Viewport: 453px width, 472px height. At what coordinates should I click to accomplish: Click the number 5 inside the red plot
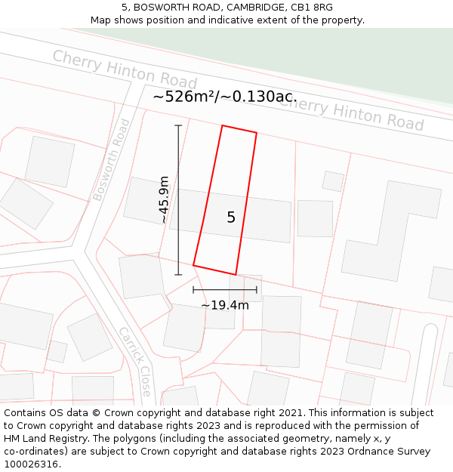click(231, 217)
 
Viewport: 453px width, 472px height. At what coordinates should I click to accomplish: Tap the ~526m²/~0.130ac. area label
click(224, 97)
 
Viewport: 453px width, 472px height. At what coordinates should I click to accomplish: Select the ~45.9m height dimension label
click(164, 199)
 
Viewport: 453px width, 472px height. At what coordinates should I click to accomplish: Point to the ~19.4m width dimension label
click(224, 305)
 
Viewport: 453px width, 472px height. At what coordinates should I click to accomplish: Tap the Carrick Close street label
click(135, 361)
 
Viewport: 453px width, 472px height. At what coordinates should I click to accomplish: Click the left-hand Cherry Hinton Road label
click(125, 69)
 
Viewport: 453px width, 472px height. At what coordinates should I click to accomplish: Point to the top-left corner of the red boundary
click(222, 125)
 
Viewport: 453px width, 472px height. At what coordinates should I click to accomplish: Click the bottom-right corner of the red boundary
click(236, 274)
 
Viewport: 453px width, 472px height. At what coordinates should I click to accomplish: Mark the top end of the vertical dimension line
click(178, 125)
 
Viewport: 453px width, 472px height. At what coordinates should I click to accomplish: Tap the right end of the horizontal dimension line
click(257, 289)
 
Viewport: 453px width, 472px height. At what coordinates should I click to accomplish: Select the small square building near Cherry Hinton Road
click(333, 181)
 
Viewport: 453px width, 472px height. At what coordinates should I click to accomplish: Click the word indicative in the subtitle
click(223, 20)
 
